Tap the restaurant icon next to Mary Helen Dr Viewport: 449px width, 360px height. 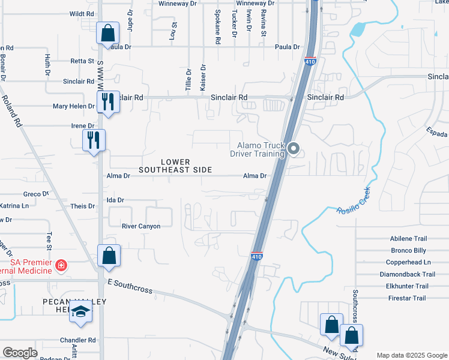tap(107, 102)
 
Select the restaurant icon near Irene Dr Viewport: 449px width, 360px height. tap(93, 140)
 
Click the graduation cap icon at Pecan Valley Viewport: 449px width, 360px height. tap(81, 313)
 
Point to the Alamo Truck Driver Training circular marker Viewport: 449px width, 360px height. tap(294, 148)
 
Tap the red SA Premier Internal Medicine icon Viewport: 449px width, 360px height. tap(61, 265)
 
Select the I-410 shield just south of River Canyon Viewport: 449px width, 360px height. tap(256, 256)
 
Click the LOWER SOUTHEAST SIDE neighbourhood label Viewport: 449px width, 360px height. tap(175, 166)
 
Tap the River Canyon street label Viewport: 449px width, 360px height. tap(141, 226)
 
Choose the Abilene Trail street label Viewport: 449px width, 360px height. tap(408, 238)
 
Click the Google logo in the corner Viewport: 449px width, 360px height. tap(20, 353)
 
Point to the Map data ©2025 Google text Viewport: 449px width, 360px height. tap(411, 355)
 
